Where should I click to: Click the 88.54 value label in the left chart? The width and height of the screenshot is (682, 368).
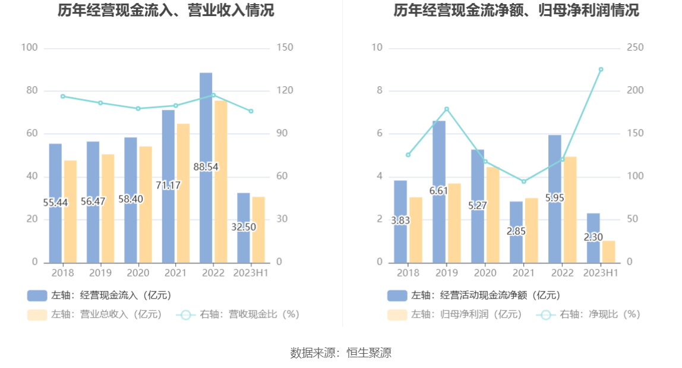tap(206, 167)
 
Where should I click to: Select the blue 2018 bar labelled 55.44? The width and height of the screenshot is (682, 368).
tap(55, 226)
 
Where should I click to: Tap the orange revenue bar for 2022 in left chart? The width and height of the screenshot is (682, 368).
tap(221, 181)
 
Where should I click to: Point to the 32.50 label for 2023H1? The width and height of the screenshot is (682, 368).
tap(243, 227)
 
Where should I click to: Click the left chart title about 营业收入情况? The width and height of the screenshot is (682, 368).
tap(166, 10)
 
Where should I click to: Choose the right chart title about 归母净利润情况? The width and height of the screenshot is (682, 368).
tap(516, 10)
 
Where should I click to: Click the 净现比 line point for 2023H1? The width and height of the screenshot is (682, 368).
tap(601, 70)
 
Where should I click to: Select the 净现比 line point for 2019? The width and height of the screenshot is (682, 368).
tap(447, 109)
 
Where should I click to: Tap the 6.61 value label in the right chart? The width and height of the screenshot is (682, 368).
tap(438, 191)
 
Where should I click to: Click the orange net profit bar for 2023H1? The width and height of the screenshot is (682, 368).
tap(608, 251)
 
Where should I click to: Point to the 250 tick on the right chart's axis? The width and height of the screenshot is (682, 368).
tap(635, 48)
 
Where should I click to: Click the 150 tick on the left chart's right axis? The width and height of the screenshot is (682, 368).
tap(285, 48)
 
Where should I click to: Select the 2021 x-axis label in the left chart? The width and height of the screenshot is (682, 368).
tap(175, 273)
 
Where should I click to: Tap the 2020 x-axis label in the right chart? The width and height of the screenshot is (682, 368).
tap(485, 273)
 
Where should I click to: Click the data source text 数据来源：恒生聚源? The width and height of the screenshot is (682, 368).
tap(340, 353)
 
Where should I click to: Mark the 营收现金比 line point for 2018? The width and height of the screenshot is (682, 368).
tap(63, 96)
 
